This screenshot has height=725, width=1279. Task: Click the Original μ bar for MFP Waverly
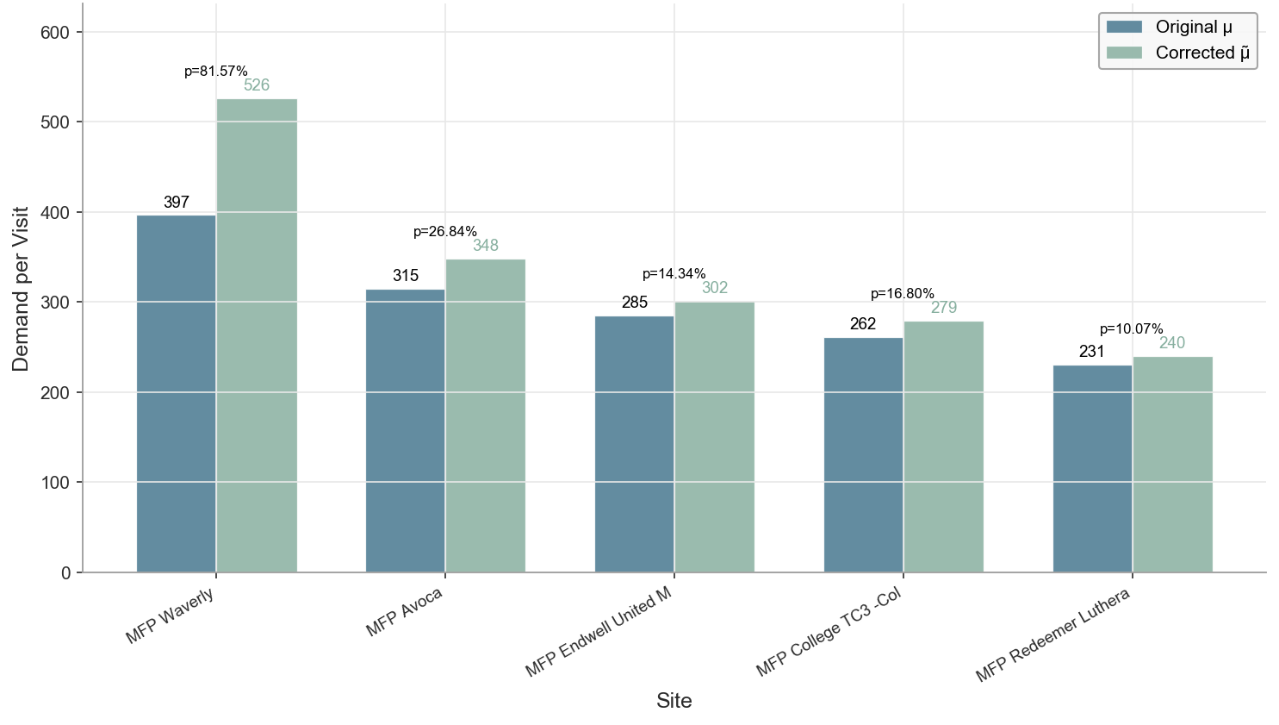[177, 393]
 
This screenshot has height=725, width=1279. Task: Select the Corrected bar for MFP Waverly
[257, 335]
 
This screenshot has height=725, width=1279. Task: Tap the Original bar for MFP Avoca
[406, 430]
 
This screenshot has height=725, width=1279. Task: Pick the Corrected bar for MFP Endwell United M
[714, 437]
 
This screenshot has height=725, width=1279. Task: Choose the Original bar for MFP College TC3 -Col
[863, 454]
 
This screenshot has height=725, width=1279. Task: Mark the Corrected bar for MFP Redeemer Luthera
[1172, 464]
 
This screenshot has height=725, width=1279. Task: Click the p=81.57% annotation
[216, 72]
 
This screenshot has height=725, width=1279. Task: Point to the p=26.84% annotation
[445, 232]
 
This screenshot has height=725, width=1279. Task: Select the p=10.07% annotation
[1132, 329]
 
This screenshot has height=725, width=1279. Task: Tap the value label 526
[257, 85]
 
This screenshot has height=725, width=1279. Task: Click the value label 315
[406, 276]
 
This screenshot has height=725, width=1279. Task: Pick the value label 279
[944, 308]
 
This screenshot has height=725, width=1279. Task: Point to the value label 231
[1092, 352]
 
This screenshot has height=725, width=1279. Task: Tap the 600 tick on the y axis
[55, 33]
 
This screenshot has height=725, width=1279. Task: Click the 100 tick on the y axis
[55, 483]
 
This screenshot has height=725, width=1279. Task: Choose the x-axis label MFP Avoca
[404, 612]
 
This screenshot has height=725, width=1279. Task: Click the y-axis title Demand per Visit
[21, 289]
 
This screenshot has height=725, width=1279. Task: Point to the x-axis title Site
[674, 701]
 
